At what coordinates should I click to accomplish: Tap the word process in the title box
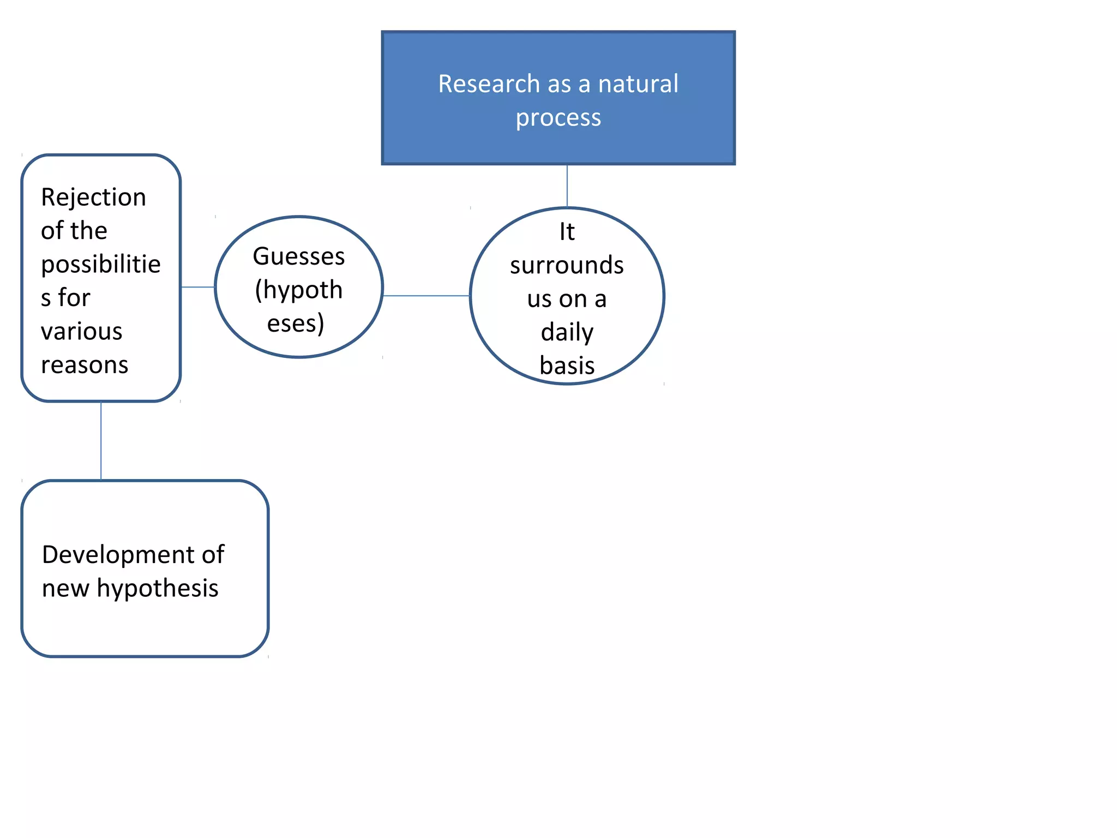558,118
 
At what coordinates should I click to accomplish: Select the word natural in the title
638,84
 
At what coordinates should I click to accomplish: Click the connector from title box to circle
567,185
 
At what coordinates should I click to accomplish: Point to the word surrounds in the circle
567,265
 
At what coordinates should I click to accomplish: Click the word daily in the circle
567,332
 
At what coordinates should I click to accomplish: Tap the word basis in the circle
567,366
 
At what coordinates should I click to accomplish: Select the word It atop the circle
567,232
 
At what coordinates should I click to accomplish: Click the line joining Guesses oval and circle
427,296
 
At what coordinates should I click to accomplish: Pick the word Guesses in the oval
299,256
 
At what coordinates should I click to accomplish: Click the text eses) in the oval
296,324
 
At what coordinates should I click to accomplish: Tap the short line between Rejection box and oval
197,287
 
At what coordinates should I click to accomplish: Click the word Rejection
94,197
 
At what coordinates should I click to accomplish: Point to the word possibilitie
101,265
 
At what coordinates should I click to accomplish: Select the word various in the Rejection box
82,332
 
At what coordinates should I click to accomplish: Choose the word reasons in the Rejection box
85,365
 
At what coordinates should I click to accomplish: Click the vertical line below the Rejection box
101,441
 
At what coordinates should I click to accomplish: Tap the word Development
118,555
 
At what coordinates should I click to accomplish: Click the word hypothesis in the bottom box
158,589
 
